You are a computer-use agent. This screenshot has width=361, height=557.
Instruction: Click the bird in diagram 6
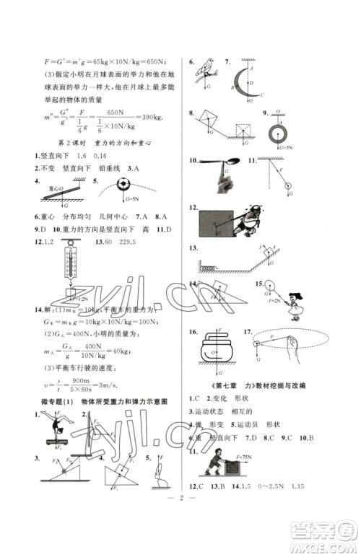coord(209,66)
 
